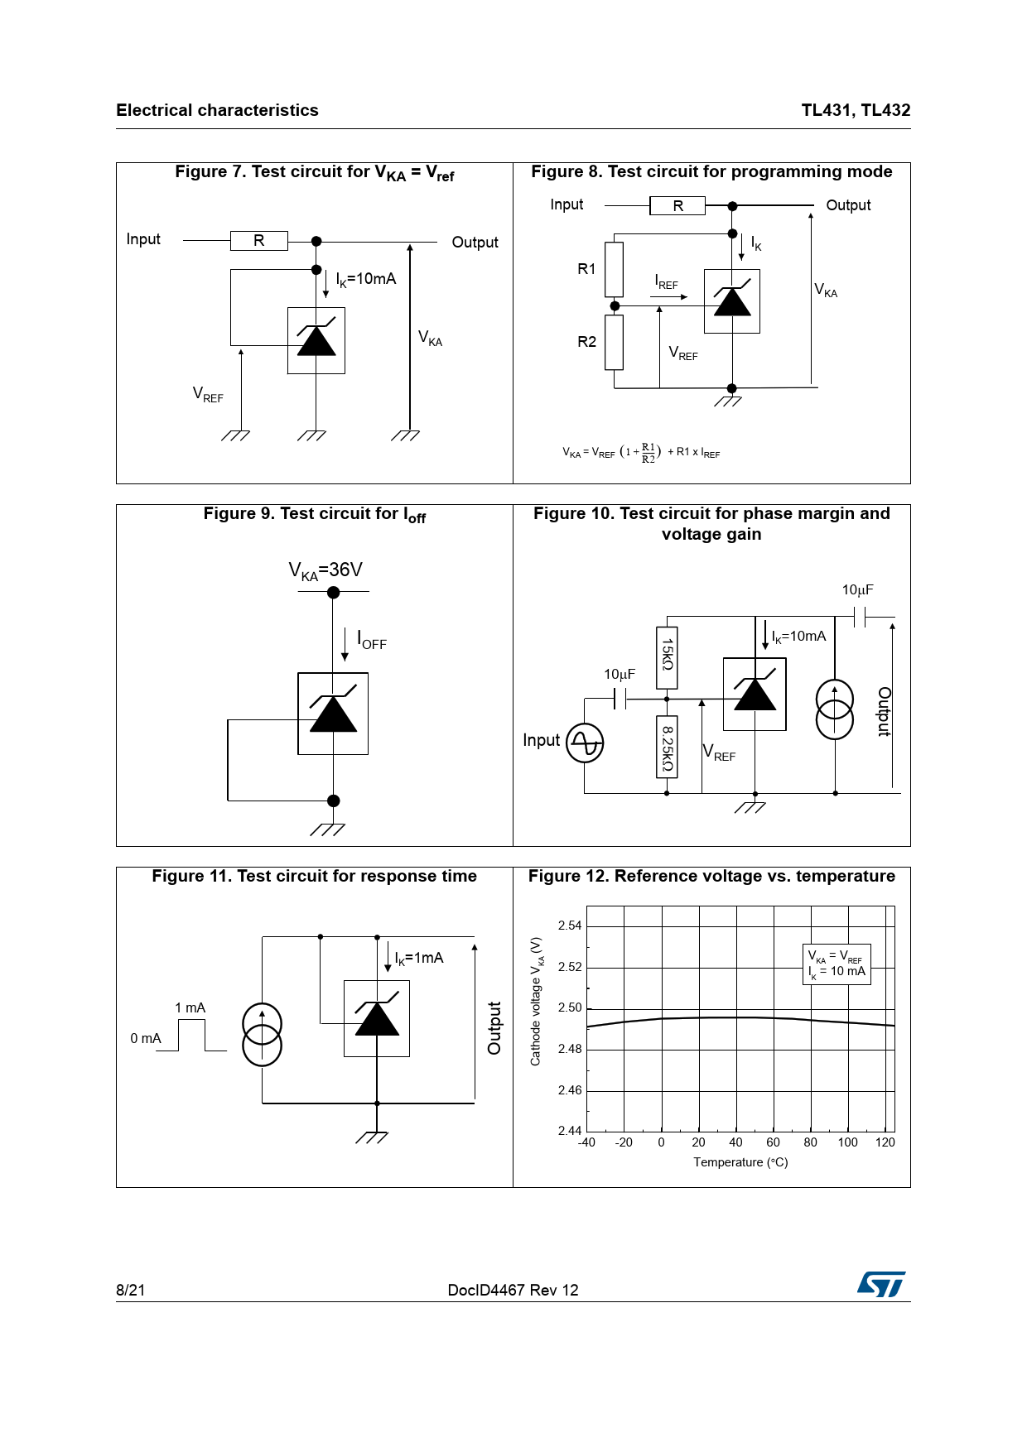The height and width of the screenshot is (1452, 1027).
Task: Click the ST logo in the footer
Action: pyautogui.click(x=881, y=1284)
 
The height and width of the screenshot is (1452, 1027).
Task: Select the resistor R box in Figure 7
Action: pyautogui.click(x=259, y=241)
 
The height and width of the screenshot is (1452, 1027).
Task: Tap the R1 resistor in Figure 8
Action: pyautogui.click(x=614, y=269)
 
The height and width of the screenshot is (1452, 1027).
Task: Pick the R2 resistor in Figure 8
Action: pyautogui.click(x=614, y=342)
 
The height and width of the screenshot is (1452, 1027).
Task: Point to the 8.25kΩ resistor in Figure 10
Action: pyautogui.click(x=667, y=747)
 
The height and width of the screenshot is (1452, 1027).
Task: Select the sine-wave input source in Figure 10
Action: pyautogui.click(x=585, y=743)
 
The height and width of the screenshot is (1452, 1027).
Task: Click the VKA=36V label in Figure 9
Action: pyautogui.click(x=325, y=570)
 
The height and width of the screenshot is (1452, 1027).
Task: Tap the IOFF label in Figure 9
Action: pyautogui.click(x=372, y=640)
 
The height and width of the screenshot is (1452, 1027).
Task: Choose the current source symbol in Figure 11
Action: pyautogui.click(x=262, y=1034)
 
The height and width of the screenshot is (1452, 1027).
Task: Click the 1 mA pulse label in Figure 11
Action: pyautogui.click(x=190, y=1007)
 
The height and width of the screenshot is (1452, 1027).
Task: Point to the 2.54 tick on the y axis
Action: pyautogui.click(x=570, y=926)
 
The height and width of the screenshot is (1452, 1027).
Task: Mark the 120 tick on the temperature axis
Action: pyautogui.click(x=885, y=1142)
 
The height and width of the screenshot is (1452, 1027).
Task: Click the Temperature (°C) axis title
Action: pyautogui.click(x=740, y=1162)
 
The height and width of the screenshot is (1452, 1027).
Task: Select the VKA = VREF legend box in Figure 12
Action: pyautogui.click(x=837, y=964)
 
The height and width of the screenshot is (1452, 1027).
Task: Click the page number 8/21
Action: pyautogui.click(x=131, y=1290)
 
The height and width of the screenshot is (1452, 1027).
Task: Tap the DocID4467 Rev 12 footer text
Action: pyautogui.click(x=513, y=1290)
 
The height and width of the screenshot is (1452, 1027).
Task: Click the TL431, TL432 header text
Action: pyautogui.click(x=856, y=110)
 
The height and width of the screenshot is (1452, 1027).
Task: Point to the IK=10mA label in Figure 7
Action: pyautogui.click(x=366, y=279)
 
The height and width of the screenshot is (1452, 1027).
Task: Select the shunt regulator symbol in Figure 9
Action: pyautogui.click(x=333, y=714)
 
